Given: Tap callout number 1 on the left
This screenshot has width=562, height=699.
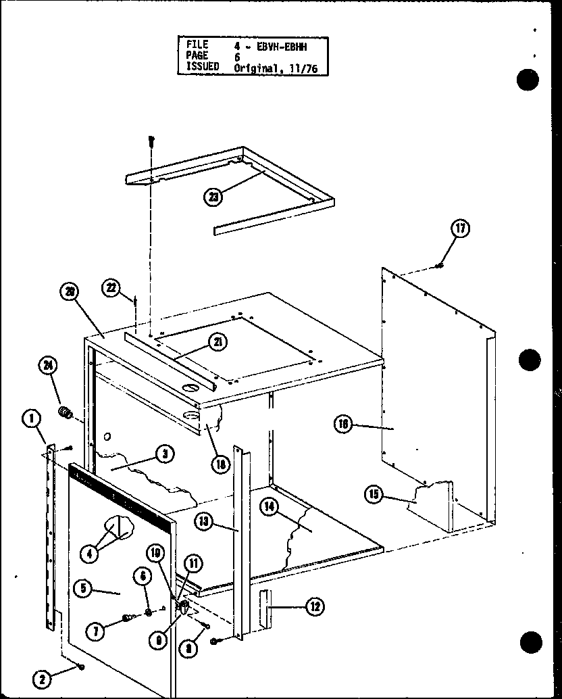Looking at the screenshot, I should coord(30,420).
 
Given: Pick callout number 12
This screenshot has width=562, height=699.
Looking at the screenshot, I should coord(314,607).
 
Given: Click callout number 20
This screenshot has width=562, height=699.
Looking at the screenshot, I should coord(70,292).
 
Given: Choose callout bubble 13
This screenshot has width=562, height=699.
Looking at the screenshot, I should coord(205,521).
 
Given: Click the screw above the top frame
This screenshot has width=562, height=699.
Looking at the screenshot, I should coord(152,143).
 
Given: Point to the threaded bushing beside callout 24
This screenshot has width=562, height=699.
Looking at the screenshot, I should coord(66,412).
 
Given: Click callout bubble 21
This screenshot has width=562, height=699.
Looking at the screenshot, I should coord(218,342).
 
